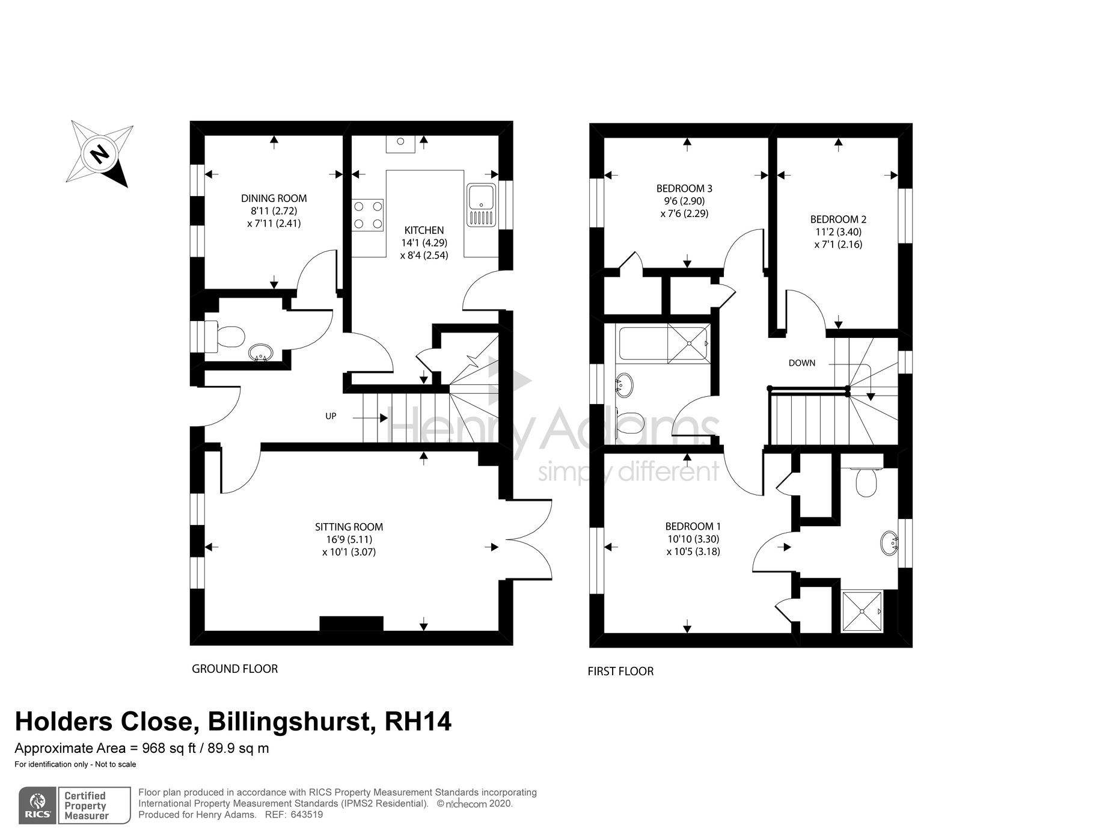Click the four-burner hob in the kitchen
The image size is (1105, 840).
point(368,215)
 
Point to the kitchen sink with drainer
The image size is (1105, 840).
point(481,205)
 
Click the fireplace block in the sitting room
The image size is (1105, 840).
point(351,624)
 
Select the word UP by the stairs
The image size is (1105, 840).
point(331,416)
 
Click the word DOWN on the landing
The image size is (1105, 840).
point(802,363)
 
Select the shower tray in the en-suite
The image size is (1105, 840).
point(862,612)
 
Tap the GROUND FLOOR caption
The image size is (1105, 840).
point(234,669)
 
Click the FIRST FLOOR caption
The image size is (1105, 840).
point(620,672)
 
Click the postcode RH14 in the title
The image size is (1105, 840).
point(418,722)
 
